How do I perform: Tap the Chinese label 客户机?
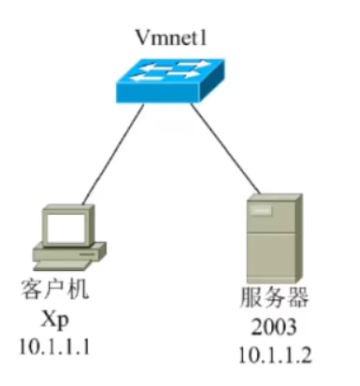click(x=54, y=290)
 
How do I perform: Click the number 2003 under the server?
click(x=273, y=330)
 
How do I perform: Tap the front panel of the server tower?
click(x=265, y=245)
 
